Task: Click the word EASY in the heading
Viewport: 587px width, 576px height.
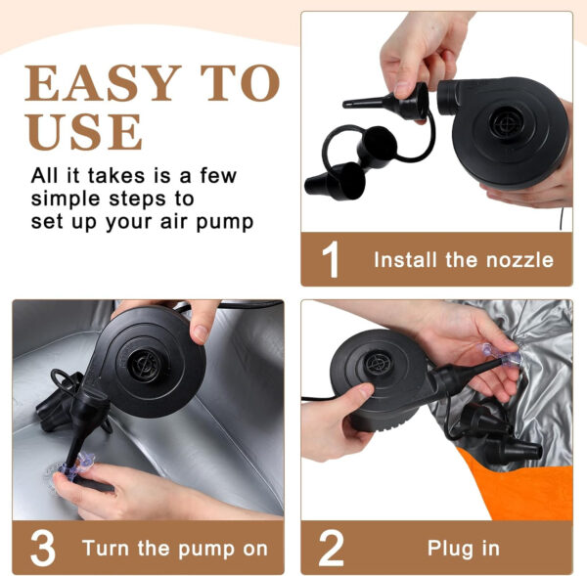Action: click(x=103, y=83)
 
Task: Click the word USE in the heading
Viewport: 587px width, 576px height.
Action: click(x=84, y=131)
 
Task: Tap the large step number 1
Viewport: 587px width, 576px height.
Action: click(x=331, y=259)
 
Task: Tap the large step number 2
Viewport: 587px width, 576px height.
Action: click(x=331, y=548)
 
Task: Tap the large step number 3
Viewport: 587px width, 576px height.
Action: click(x=43, y=548)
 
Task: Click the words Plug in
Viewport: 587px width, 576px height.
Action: click(x=464, y=548)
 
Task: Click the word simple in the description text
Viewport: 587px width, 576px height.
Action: click(x=66, y=199)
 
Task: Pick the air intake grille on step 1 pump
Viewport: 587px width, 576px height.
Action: click(x=505, y=123)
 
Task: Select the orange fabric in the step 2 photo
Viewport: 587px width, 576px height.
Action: click(x=524, y=487)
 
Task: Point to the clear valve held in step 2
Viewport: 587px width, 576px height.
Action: click(x=503, y=354)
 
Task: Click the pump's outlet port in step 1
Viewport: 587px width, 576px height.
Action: click(x=447, y=98)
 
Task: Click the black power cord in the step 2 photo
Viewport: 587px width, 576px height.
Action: click(x=318, y=399)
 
